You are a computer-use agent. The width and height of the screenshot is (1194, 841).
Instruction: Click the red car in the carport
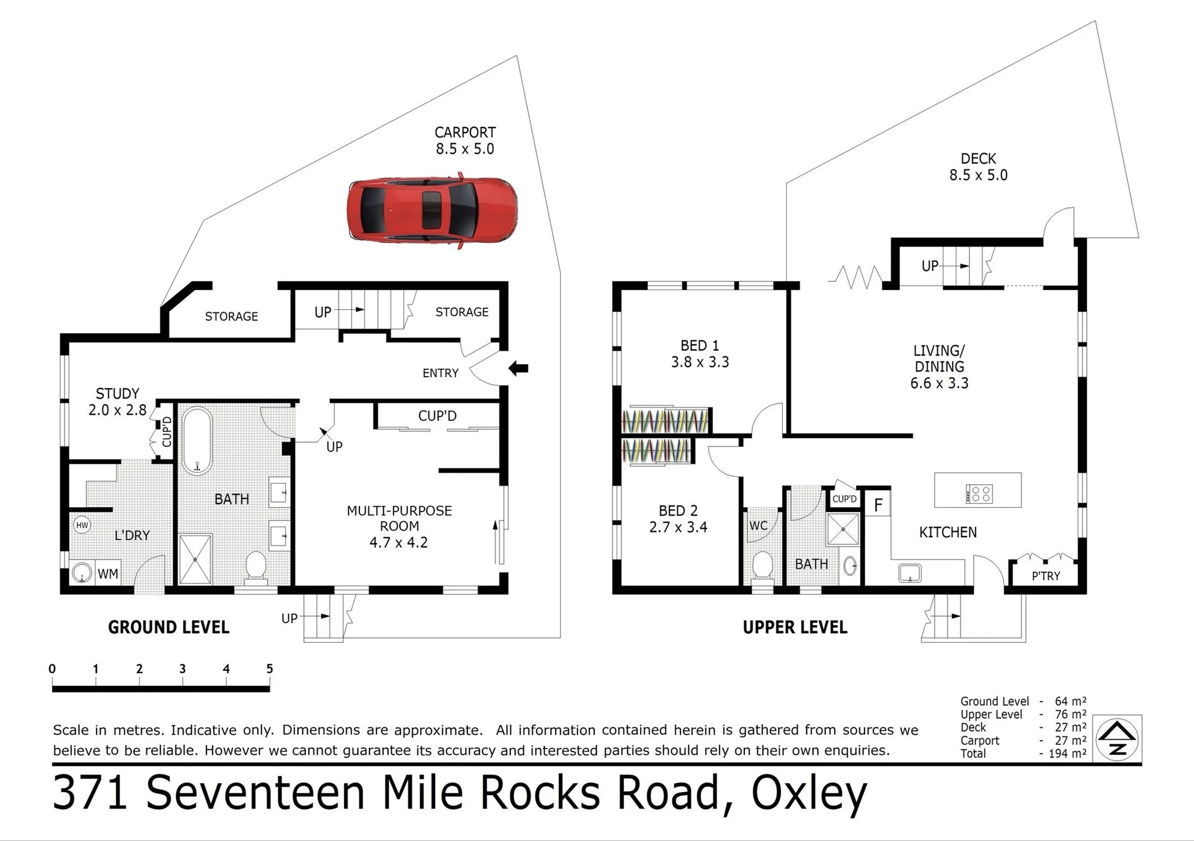[x=432, y=210]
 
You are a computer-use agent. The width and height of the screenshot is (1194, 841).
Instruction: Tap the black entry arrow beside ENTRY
[x=518, y=368]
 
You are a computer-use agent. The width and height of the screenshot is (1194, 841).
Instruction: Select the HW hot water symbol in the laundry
[x=82, y=525]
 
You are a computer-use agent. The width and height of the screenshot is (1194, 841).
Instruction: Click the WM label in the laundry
[x=107, y=574]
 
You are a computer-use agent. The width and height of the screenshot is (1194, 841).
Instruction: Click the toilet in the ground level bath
[x=256, y=565]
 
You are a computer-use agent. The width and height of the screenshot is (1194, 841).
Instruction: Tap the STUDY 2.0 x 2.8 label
[x=118, y=402]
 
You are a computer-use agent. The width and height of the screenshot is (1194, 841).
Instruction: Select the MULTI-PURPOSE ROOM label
[x=399, y=518]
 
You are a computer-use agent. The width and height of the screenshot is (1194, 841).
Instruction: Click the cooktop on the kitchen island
[x=979, y=494]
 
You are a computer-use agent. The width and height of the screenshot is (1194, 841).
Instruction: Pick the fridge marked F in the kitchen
[x=878, y=504]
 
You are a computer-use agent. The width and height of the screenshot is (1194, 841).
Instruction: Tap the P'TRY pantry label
[x=1046, y=576]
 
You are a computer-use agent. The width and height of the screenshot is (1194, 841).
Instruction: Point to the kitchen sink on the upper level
[x=910, y=573]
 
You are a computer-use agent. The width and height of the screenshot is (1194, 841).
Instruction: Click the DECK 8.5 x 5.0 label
[x=978, y=167]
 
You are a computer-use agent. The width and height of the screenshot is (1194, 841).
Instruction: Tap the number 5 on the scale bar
[x=269, y=669]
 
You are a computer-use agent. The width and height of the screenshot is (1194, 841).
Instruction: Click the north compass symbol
[x=1118, y=739]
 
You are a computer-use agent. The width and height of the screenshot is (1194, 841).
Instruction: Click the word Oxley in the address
[x=809, y=793]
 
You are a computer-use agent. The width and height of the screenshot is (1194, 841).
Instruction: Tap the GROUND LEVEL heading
[x=169, y=627]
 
